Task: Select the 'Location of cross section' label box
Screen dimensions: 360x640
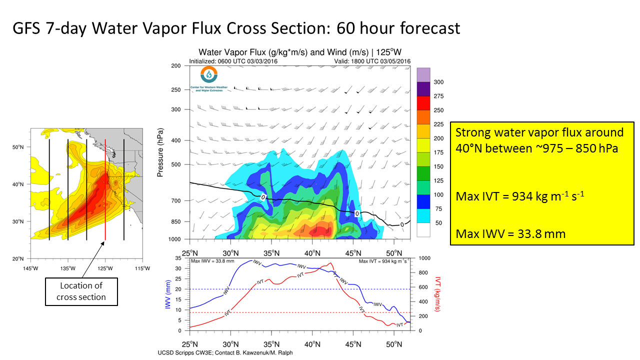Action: (x=83, y=291)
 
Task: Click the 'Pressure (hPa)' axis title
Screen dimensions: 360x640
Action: (x=161, y=152)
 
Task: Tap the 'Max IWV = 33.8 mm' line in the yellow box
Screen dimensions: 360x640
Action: (x=510, y=233)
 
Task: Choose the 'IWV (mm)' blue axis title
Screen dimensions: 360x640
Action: (x=168, y=294)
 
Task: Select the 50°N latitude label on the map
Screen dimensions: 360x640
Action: (x=18, y=147)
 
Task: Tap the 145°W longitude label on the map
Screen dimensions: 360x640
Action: (x=30, y=268)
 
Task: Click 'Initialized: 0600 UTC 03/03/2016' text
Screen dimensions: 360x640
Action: (x=233, y=61)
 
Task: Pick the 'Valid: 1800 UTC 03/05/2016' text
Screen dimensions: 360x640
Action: (x=372, y=61)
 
